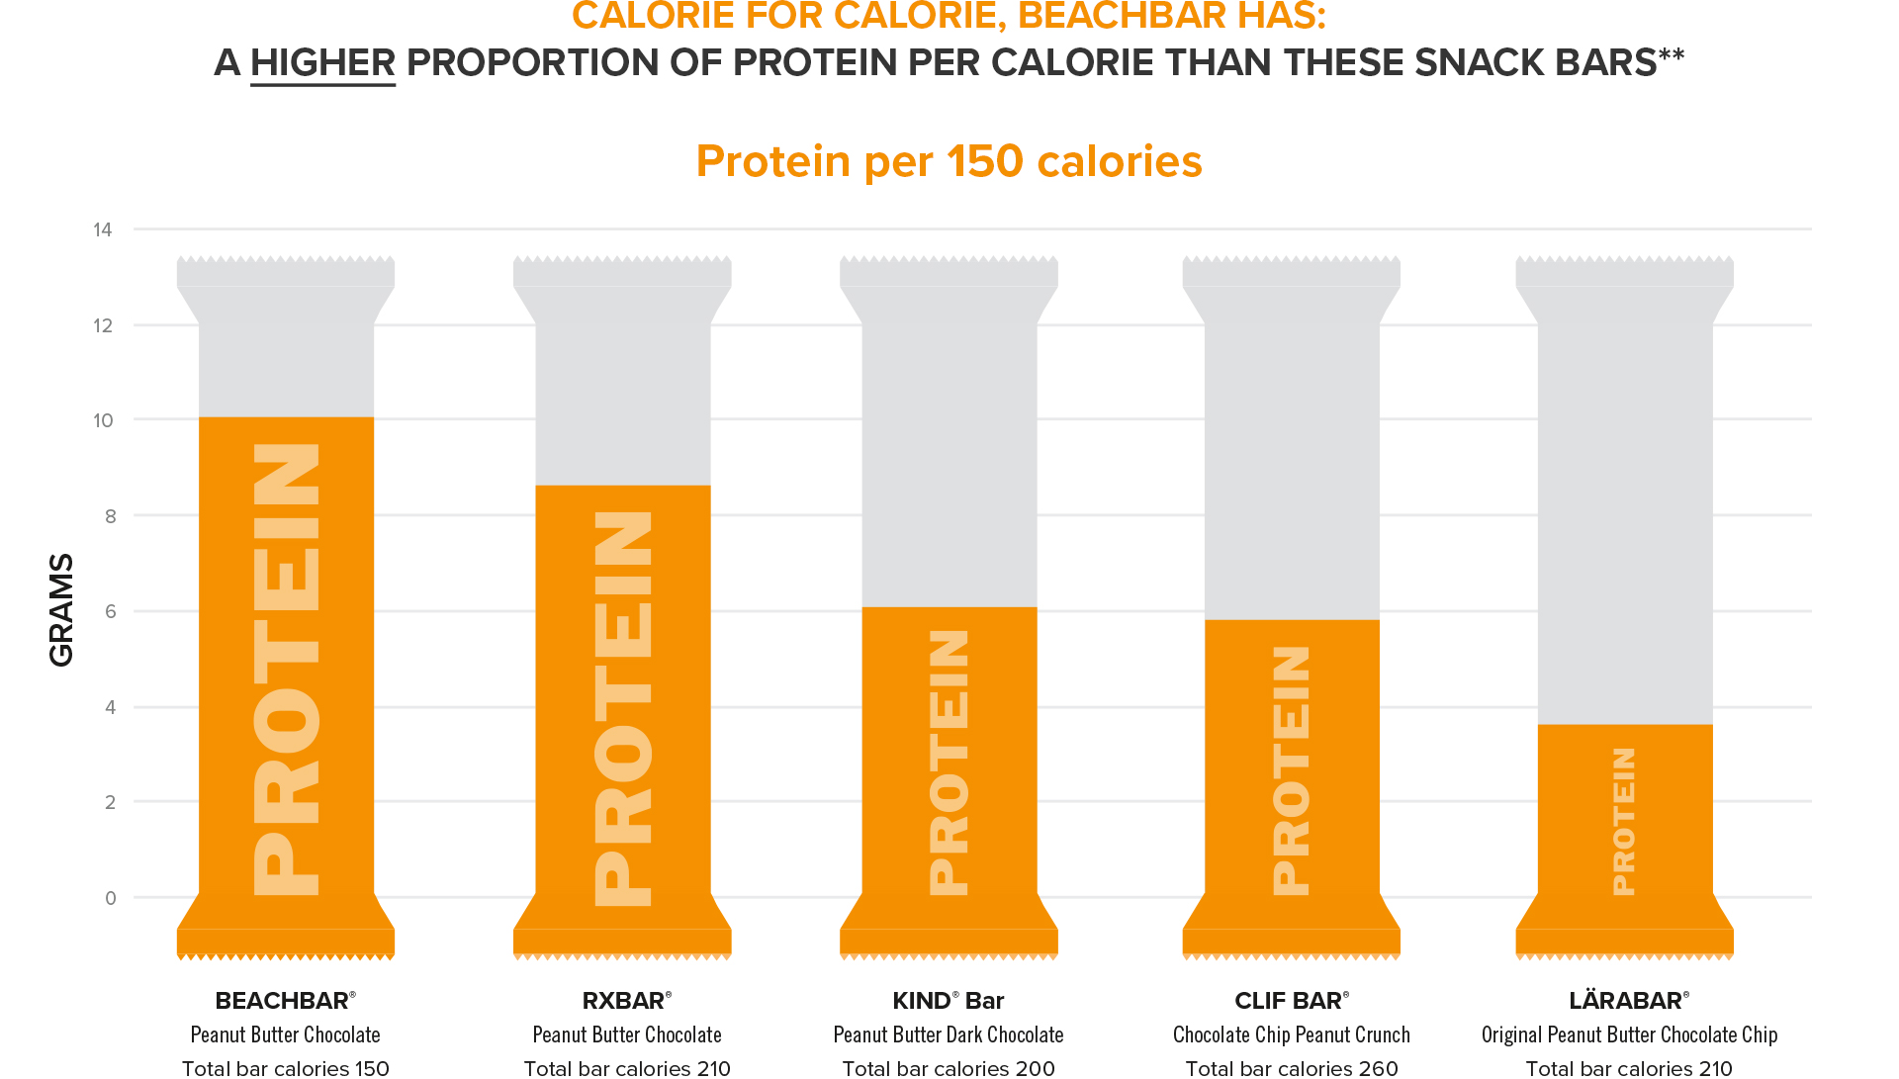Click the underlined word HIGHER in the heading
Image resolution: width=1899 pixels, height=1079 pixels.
click(322, 63)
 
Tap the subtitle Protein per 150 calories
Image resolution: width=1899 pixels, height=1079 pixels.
click(949, 161)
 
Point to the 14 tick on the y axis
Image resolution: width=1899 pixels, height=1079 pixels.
click(103, 230)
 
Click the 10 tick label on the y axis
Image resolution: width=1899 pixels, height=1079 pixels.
click(103, 421)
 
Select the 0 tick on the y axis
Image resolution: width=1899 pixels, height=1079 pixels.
click(110, 898)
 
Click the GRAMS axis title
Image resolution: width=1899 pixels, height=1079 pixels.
click(61, 609)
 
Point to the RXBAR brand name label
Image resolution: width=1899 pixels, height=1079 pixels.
click(626, 1001)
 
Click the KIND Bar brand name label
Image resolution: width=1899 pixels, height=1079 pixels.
click(948, 1001)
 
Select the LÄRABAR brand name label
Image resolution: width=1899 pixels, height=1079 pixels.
click(1628, 1001)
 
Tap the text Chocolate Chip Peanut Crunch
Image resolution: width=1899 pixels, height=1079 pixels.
click(1291, 1034)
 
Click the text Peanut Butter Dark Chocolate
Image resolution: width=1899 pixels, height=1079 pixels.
click(948, 1034)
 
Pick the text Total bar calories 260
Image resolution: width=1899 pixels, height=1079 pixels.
click(1291, 1068)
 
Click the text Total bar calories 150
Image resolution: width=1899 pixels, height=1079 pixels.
click(285, 1068)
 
